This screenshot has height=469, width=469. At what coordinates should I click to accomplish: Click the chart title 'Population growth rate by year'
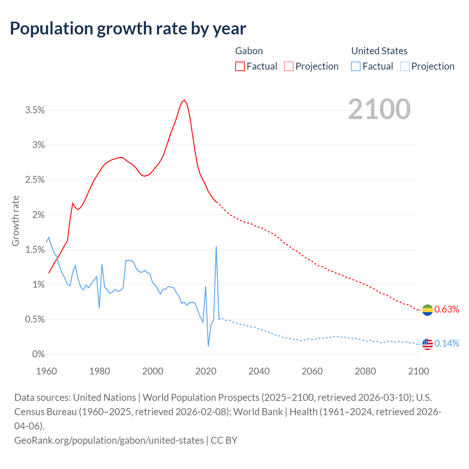(x=128, y=29)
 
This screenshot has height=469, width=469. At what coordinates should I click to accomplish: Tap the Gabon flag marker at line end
(x=428, y=310)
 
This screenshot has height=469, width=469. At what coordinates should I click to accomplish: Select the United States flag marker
(x=428, y=344)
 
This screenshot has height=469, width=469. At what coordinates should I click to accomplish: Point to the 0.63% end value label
(x=447, y=310)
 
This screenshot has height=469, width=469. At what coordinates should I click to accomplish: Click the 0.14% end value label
(x=447, y=344)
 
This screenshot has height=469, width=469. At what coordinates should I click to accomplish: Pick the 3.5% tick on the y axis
(x=35, y=110)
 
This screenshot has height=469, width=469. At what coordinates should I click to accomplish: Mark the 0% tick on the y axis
(x=38, y=354)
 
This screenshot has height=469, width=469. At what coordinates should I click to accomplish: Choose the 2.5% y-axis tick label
(x=35, y=180)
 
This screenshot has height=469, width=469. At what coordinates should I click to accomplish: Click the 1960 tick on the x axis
(x=47, y=371)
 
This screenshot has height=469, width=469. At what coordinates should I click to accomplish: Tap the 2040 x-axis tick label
(x=259, y=371)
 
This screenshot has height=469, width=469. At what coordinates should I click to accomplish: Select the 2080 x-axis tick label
(x=365, y=371)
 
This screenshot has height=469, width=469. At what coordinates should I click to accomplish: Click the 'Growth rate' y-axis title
(x=15, y=221)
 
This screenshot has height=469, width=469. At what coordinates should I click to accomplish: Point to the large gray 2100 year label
(x=379, y=109)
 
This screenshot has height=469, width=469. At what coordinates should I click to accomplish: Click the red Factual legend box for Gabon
(x=240, y=66)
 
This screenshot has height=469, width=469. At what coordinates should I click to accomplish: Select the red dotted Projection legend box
(x=289, y=66)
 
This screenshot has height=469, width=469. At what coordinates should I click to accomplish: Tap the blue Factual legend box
(x=356, y=66)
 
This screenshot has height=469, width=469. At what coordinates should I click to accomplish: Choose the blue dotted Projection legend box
(x=405, y=66)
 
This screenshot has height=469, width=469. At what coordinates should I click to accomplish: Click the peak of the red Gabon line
(x=184, y=100)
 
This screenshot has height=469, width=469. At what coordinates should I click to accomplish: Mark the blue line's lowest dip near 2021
(x=208, y=346)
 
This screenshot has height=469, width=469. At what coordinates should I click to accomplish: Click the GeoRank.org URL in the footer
(x=109, y=440)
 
